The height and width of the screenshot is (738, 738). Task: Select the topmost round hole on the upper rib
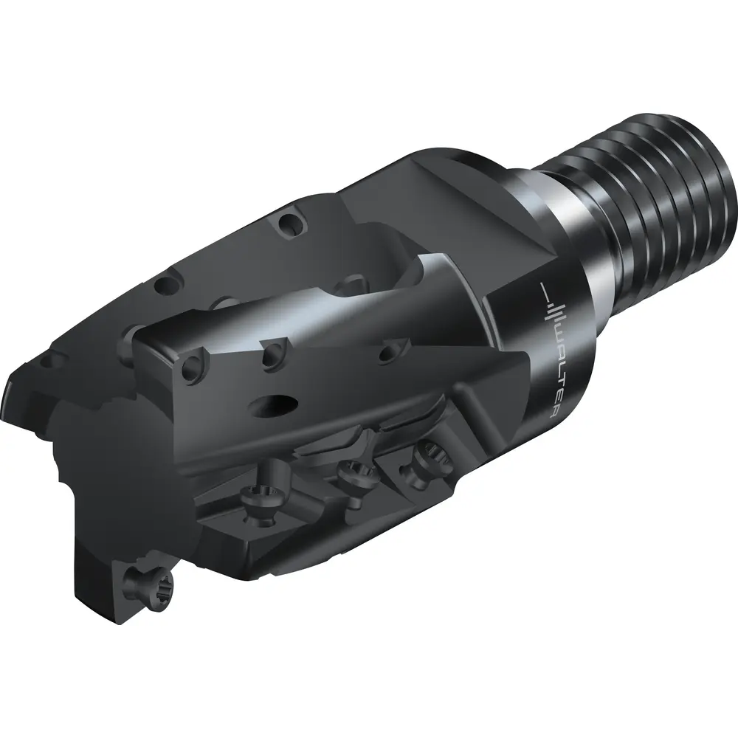point(289,225)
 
